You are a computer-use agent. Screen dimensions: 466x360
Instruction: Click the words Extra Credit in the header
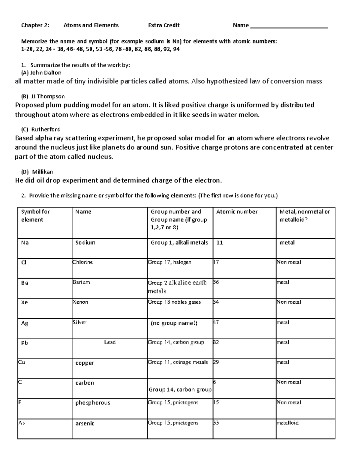[x=164, y=25]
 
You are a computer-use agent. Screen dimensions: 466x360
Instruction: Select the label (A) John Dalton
[x=41, y=73]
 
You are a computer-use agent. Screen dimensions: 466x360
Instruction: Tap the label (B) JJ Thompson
[x=43, y=96]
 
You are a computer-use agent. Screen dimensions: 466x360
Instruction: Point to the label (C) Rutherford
[x=41, y=129]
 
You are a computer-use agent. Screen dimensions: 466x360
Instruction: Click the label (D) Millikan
[x=37, y=172]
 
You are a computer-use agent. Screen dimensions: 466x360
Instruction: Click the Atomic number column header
[x=237, y=212]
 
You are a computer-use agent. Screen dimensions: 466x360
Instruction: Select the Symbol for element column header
[x=35, y=215]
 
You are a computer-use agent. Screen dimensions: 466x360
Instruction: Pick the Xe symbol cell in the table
[x=25, y=302]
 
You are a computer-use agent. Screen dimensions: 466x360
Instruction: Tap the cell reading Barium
[x=81, y=282]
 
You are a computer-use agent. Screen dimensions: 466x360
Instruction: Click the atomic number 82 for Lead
[x=216, y=342]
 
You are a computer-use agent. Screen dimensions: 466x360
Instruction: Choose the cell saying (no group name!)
[x=174, y=323]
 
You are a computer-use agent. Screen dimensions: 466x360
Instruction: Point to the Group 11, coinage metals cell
[x=178, y=362]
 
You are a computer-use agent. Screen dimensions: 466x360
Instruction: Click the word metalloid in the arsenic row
[x=287, y=423]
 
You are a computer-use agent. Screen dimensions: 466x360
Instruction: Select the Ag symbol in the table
[x=25, y=323]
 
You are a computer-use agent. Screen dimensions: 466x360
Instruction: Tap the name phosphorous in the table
[x=92, y=403]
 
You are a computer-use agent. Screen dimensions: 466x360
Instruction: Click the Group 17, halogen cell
[x=169, y=262]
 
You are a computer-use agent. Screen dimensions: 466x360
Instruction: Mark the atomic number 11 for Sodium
[x=220, y=242]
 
